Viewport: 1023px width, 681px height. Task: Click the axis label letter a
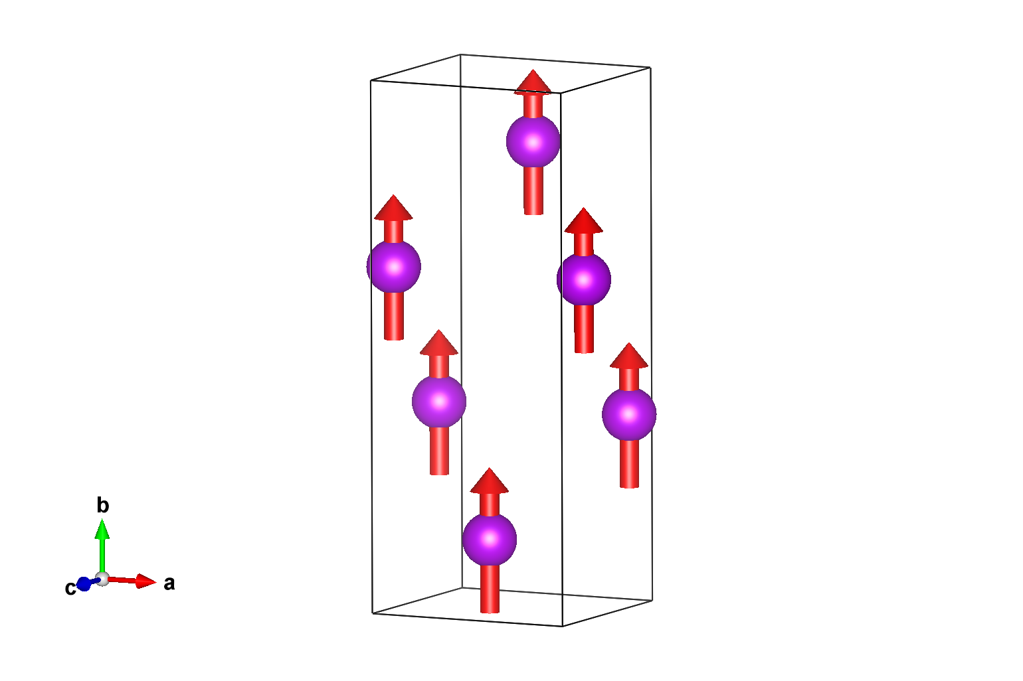click(169, 584)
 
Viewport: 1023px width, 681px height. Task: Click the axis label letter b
click(103, 505)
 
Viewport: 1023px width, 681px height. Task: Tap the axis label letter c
click(70, 588)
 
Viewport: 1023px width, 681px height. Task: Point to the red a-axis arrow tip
click(156, 582)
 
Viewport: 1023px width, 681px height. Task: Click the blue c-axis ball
click(84, 584)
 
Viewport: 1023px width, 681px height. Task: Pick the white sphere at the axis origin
click(102, 579)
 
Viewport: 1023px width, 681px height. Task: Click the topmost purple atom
click(533, 141)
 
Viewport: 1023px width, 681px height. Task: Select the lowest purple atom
click(490, 540)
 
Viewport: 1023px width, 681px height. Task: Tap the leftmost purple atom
click(394, 267)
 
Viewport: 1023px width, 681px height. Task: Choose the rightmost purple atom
click(629, 414)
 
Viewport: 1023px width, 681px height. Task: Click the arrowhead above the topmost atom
click(533, 82)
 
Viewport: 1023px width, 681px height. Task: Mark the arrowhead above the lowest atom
click(489, 480)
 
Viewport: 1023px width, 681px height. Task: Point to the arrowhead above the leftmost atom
click(393, 208)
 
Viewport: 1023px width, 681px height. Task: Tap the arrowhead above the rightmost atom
click(629, 356)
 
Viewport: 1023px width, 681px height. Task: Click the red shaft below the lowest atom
click(490, 589)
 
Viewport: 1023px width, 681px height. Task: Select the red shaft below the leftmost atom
click(394, 316)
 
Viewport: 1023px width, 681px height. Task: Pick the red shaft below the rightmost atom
click(629, 464)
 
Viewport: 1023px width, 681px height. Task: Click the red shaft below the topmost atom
click(533, 190)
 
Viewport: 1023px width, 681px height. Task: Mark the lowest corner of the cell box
click(562, 626)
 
